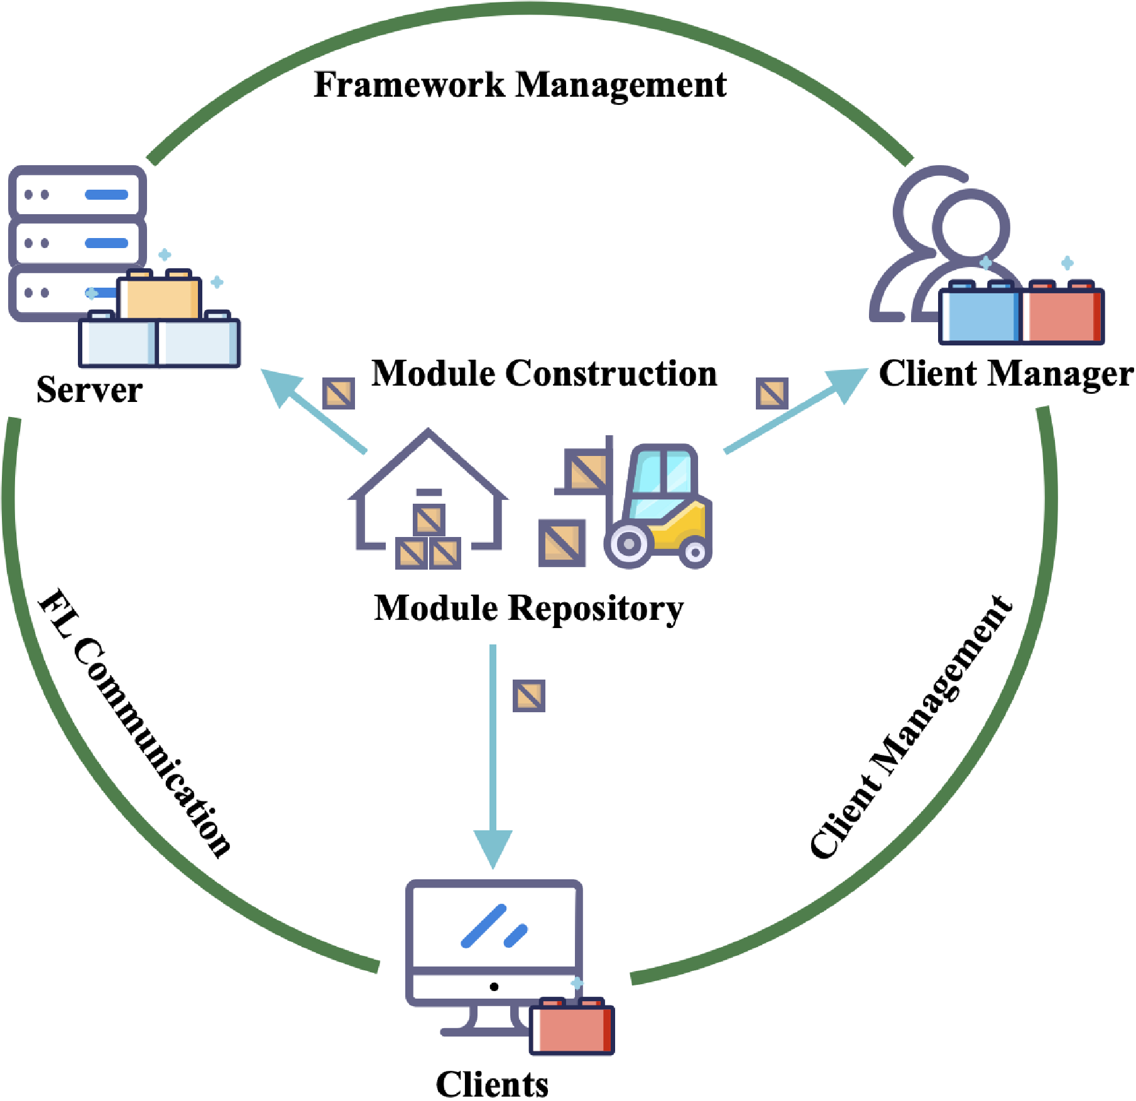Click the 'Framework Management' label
[x=520, y=85]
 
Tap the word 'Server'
[x=89, y=390]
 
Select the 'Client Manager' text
[x=1005, y=374]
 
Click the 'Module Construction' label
[x=544, y=374]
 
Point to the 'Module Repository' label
[x=528, y=608]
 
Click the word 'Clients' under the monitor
[x=492, y=1084]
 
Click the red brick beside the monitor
[x=571, y=1028]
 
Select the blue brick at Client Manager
[x=980, y=314]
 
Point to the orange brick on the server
[x=160, y=298]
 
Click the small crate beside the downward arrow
[x=528, y=696]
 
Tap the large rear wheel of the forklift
[x=628, y=544]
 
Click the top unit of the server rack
[x=77, y=193]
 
